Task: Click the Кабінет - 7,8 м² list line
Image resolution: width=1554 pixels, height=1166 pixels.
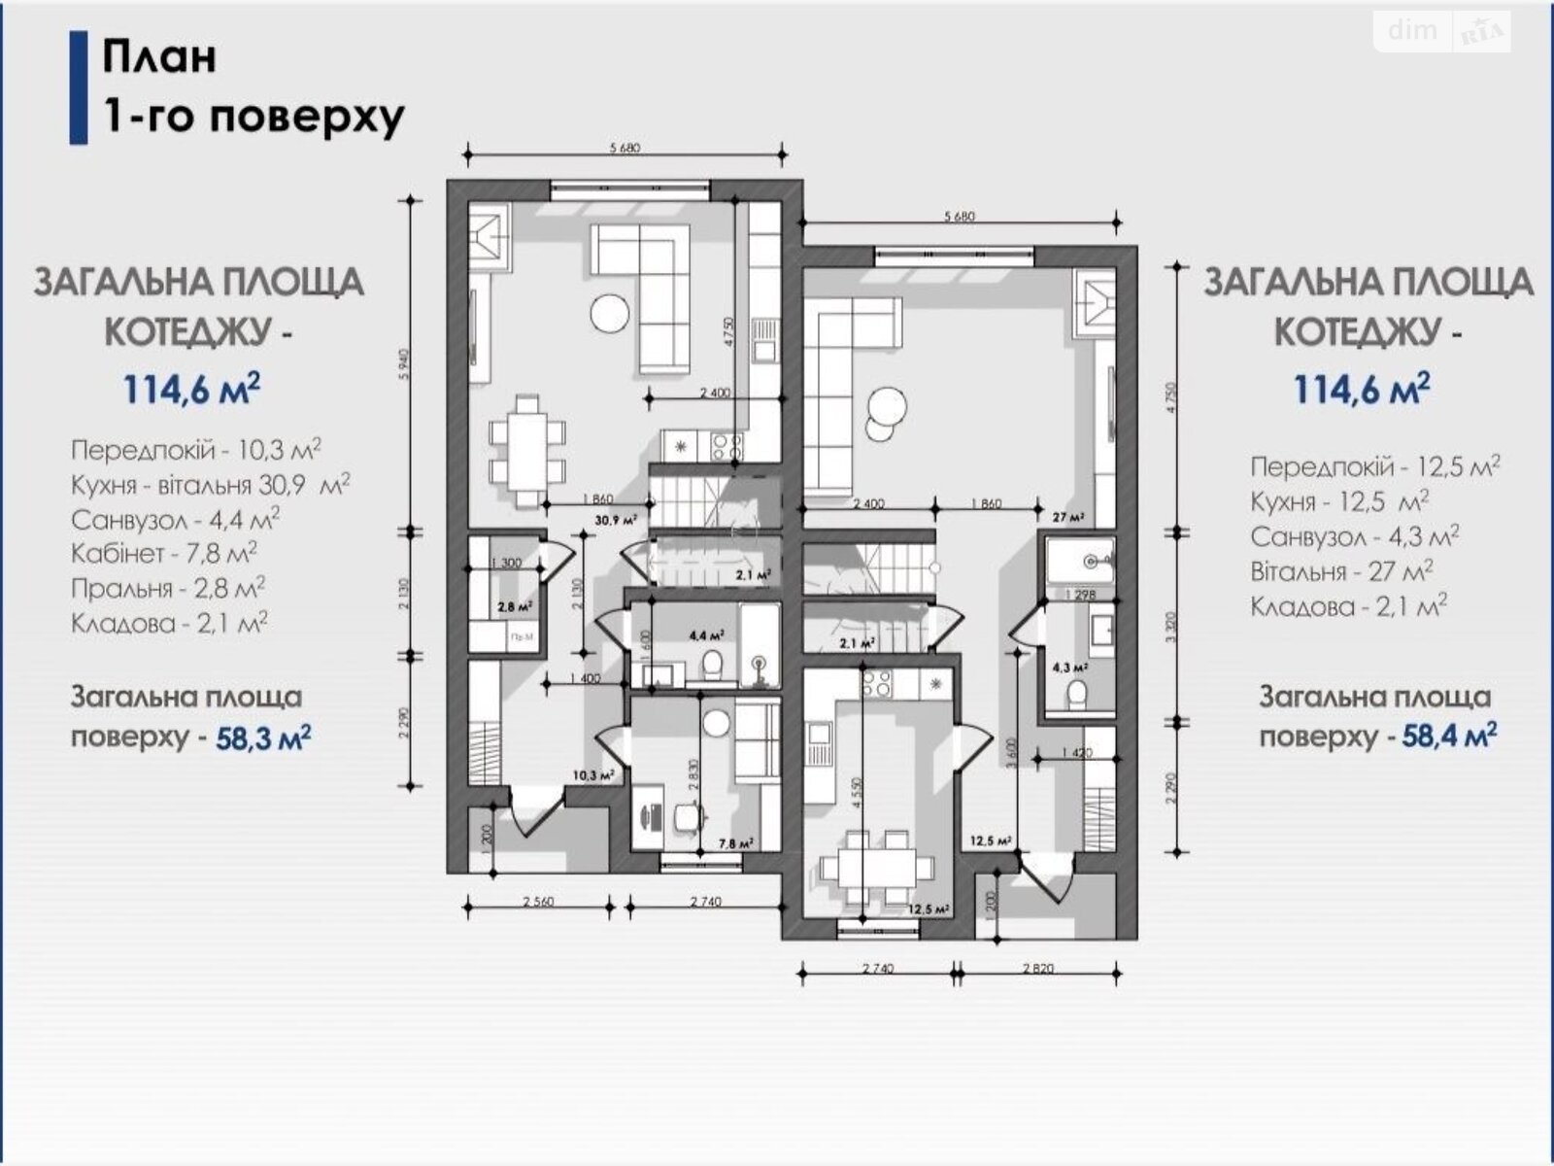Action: [164, 554]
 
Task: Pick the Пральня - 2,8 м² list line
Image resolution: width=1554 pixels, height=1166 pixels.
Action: [168, 589]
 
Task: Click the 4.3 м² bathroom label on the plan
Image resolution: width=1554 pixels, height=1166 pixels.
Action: [1069, 669]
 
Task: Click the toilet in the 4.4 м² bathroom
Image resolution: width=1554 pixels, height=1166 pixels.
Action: [712, 665]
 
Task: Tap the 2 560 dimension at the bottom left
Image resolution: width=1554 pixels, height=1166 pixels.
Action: [538, 902]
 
